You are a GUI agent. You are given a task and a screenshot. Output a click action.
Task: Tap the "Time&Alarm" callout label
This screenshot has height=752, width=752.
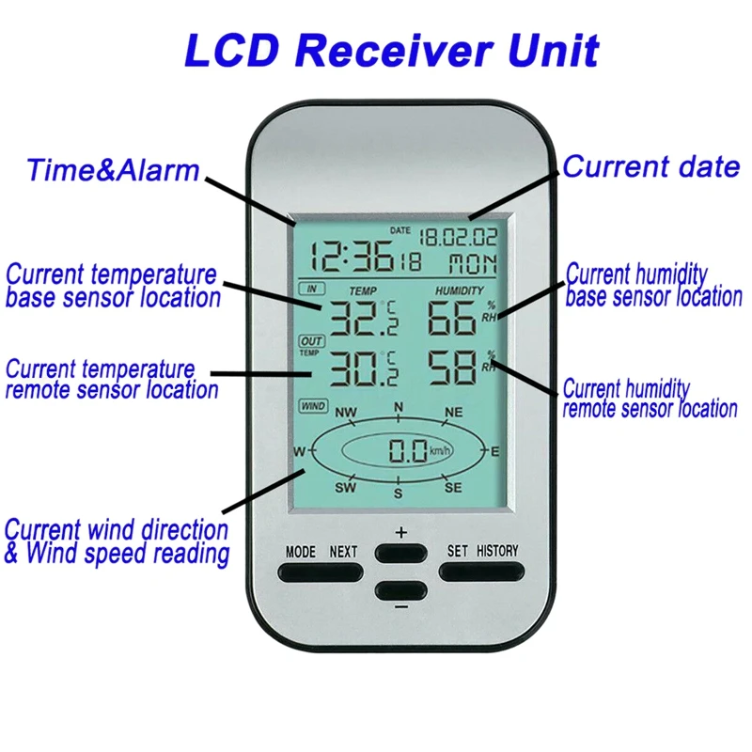point(113,171)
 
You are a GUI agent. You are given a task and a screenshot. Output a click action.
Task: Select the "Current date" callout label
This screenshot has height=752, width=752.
point(650,167)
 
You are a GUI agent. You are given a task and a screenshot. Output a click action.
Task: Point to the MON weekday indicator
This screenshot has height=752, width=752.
point(472,262)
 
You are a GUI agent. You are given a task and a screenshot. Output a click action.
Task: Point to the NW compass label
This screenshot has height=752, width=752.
point(346,413)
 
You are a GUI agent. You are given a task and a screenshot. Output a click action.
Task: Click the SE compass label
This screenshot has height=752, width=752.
point(453,487)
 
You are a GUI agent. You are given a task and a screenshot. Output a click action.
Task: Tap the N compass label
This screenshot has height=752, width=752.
point(399,407)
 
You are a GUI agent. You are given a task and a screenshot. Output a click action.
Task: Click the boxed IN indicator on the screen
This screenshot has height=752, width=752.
point(311,289)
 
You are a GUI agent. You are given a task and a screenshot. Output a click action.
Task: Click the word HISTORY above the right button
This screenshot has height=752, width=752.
point(497,551)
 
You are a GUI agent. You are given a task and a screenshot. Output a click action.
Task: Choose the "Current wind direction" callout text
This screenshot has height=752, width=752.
point(117,529)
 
